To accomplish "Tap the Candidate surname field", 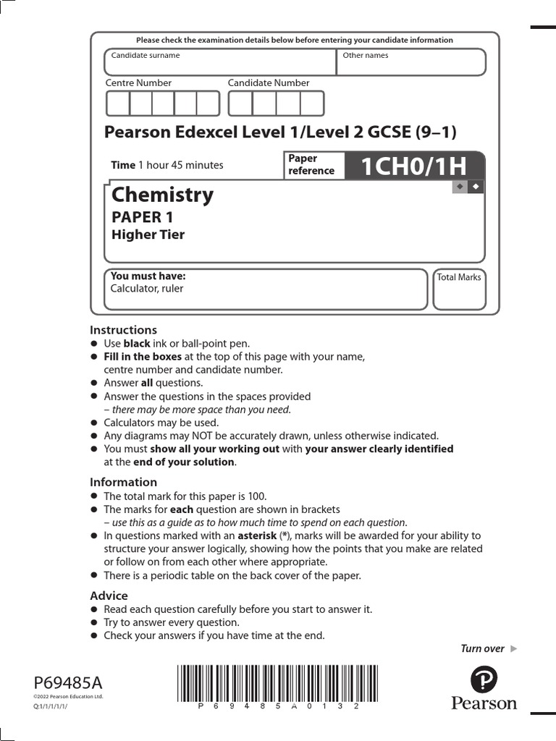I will [x=220, y=64].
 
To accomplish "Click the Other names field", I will [x=411, y=64].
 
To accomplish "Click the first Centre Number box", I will [x=117, y=103].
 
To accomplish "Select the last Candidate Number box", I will [x=312, y=103].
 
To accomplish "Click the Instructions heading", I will [x=123, y=330].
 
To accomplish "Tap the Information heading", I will [x=123, y=482].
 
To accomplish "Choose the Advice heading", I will [x=109, y=596].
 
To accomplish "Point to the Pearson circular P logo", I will [x=484, y=680].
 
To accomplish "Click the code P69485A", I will [x=69, y=683].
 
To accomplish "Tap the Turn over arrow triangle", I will [x=514, y=648].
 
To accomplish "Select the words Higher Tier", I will [x=148, y=234].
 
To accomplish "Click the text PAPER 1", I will [x=142, y=216].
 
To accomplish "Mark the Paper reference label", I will [x=311, y=165].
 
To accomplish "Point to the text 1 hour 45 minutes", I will [x=180, y=165].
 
